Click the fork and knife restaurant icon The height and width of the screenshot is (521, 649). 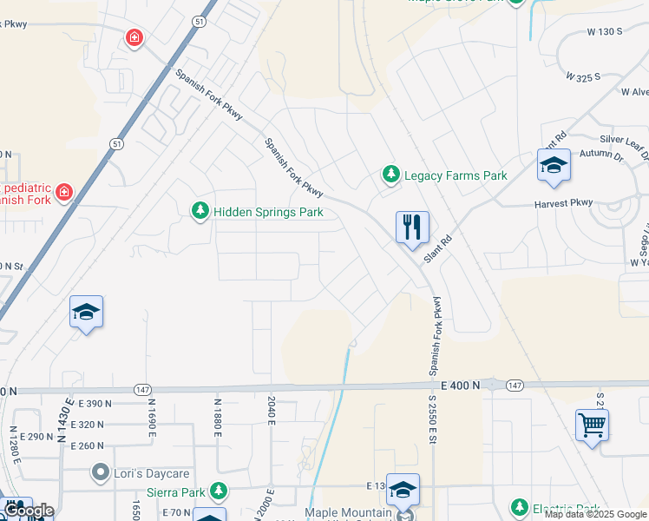click(413, 228)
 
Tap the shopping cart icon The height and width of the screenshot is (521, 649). click(592, 425)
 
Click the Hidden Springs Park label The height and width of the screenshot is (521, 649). click(268, 212)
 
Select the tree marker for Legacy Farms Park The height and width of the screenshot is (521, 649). click(391, 175)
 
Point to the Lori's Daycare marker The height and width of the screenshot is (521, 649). click(101, 473)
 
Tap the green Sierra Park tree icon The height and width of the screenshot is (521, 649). click(219, 492)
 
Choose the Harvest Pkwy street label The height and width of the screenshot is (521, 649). click(564, 203)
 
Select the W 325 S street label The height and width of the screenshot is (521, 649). click(583, 76)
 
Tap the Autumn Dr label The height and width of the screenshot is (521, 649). click(601, 155)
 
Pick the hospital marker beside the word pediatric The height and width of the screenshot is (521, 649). click(63, 191)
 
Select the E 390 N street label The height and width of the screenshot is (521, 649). click(95, 404)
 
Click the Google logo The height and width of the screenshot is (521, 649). click(28, 511)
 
